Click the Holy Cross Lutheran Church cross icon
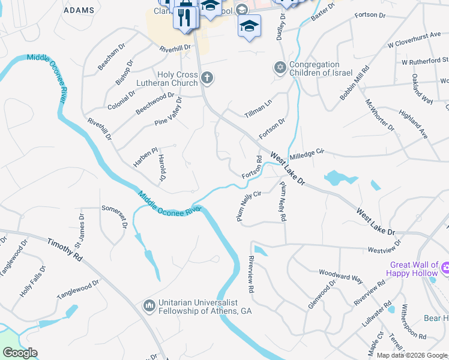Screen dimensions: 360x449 pos(207,77)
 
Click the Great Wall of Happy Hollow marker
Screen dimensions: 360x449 pos(444,267)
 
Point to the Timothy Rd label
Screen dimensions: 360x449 pos(65,248)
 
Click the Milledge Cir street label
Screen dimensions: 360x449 pos(307,155)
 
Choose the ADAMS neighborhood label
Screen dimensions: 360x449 pos(79,10)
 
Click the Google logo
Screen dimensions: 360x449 pos(19,353)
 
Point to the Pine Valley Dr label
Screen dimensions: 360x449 pos(169,112)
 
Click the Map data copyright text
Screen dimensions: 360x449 pos(412,355)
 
